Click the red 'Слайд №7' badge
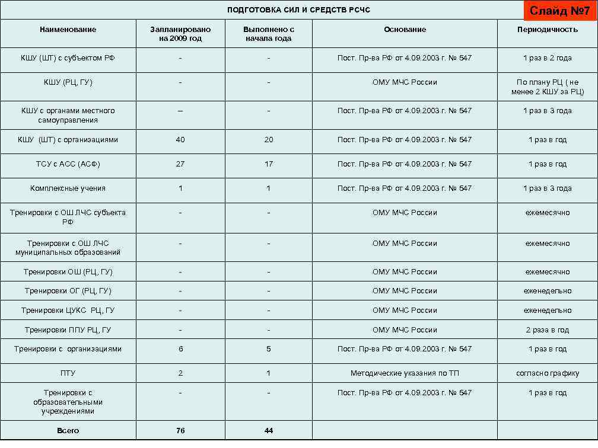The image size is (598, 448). coord(555,11)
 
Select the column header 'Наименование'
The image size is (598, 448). coord(68,30)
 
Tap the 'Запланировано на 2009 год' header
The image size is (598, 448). coord(180,34)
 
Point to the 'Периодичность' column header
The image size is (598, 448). coord(547,30)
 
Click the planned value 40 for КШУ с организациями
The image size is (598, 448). coord(180,140)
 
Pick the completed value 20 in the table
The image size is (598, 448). coord(269,140)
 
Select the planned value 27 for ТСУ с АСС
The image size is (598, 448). coord(180,164)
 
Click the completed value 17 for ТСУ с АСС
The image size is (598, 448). coord(269,164)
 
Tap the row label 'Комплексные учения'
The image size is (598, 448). coord(68,188)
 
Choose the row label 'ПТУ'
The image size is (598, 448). coord(68,373)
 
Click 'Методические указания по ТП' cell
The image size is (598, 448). coord(405,373)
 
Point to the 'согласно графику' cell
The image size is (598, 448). coord(547,373)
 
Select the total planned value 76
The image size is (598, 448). coord(180,431)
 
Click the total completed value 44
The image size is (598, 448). coord(269,431)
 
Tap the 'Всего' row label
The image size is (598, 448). coord(68,431)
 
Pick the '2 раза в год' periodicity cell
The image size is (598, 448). coord(547,330)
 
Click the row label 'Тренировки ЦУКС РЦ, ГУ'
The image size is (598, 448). coord(68,311)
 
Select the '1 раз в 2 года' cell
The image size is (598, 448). coord(547,58)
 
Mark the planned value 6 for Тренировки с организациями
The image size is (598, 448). coord(180,349)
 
